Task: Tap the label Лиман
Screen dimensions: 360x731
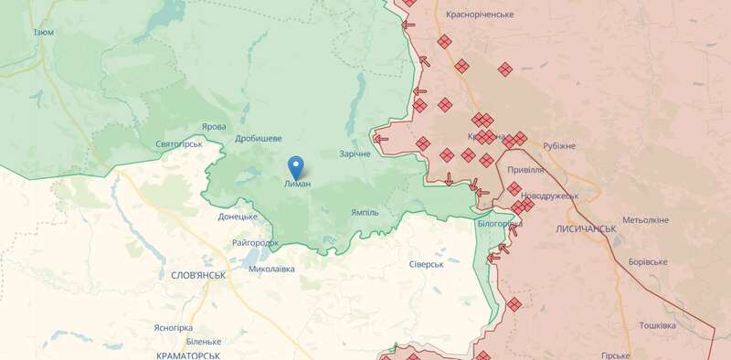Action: (x=297, y=184)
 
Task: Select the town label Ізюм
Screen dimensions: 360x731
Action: (x=43, y=32)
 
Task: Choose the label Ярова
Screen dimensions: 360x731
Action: (x=214, y=127)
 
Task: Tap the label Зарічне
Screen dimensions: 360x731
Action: (x=355, y=154)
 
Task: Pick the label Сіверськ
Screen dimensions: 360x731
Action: (x=426, y=264)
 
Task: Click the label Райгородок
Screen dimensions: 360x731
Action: (x=255, y=243)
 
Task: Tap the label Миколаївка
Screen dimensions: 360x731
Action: (x=271, y=269)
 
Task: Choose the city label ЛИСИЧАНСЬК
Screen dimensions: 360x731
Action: (x=585, y=228)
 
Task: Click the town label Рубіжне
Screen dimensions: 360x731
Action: (x=559, y=146)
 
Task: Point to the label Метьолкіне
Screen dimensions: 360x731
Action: (x=645, y=220)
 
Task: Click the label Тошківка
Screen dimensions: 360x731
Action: (x=657, y=325)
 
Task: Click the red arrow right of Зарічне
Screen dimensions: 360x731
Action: (x=380, y=139)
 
